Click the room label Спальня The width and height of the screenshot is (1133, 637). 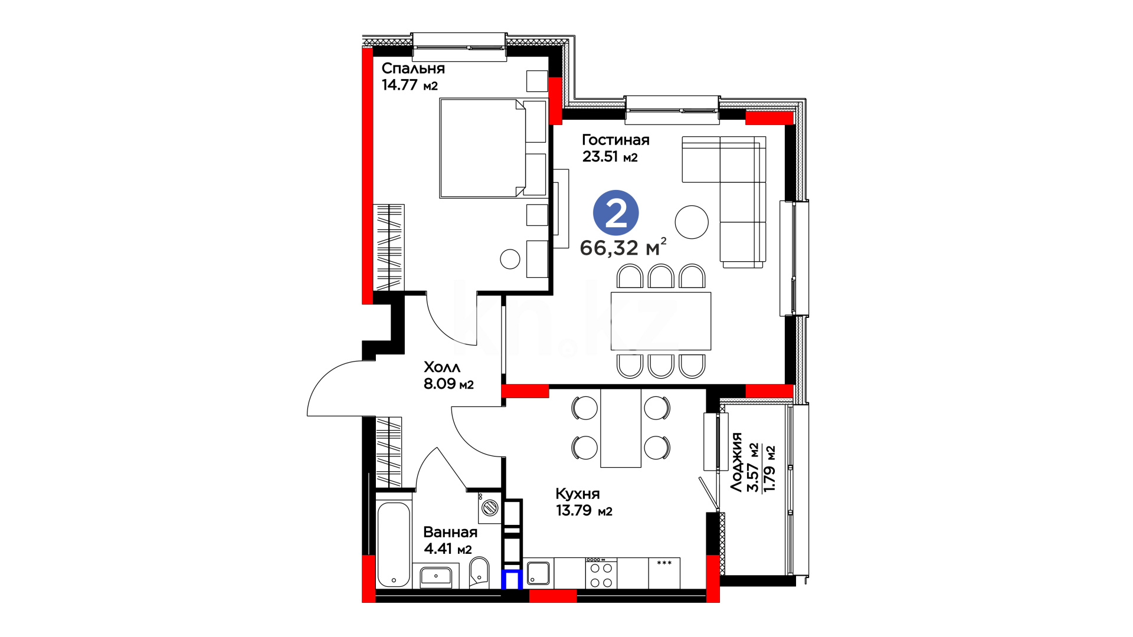(413, 69)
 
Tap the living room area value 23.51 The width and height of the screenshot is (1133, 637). (600, 156)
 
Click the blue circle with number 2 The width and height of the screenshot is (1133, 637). (616, 213)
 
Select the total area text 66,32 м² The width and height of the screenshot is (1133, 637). (623, 247)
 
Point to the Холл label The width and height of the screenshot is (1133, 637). (442, 367)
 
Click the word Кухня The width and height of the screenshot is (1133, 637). (578, 494)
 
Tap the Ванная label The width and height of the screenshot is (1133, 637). (450, 532)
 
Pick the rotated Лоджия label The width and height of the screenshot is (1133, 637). (736, 462)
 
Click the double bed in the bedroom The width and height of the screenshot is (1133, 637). (483, 148)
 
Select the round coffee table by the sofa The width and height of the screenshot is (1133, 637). (692, 222)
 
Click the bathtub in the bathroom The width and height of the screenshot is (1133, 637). (394, 544)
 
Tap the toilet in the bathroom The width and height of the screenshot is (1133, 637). (479, 573)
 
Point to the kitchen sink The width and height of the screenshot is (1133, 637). (538, 573)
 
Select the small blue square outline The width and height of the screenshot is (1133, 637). (512, 579)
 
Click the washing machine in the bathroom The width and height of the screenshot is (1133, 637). (490, 508)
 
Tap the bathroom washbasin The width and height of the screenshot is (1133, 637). (435, 576)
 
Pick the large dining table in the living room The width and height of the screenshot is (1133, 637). (661, 321)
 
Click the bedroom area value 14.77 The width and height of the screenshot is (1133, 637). (400, 85)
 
